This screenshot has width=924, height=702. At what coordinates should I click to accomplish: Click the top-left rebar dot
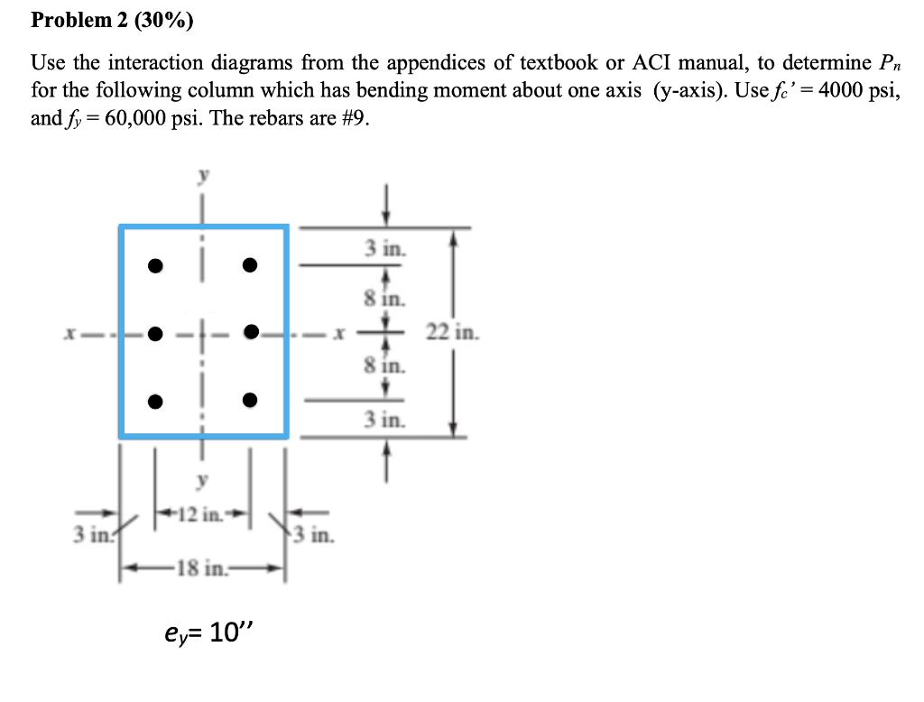pos(156,265)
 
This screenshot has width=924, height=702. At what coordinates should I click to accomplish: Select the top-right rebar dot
pos(250,265)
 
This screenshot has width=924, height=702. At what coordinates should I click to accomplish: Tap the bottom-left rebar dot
pos(156,400)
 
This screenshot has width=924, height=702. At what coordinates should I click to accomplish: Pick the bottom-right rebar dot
pos(250,400)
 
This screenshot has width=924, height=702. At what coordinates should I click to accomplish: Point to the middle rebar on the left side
pos(156,332)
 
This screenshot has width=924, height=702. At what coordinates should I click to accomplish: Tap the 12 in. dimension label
pos(202,516)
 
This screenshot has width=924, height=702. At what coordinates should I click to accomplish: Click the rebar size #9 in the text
pos(355,118)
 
